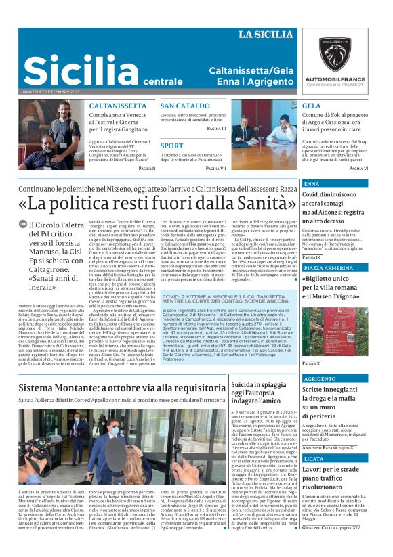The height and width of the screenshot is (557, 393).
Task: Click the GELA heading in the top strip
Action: coord(312,106)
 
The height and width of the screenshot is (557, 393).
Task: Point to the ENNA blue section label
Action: coord(312,184)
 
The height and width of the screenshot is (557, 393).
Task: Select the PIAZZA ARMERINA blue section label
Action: coord(326,268)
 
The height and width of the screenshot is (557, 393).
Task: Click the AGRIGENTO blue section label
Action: coord(320,379)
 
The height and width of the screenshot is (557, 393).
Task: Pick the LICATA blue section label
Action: coord(314,458)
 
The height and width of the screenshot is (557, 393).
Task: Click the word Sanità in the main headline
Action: coord(254,203)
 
